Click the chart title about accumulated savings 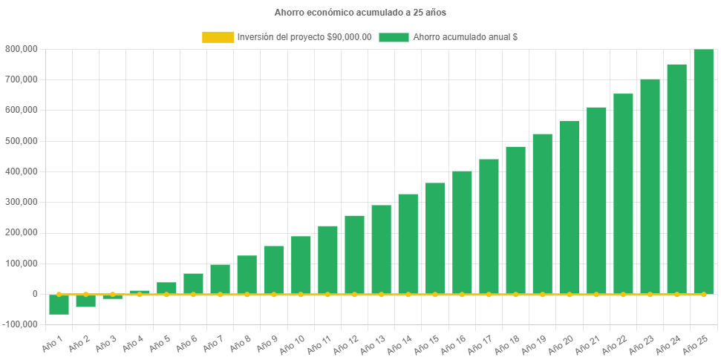coord(360,13)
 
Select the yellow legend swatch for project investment coord(217,37)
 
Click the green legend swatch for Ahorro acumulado coord(394,37)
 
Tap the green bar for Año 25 coord(703,171)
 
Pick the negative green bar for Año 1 coord(59,304)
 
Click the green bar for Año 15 coord(435,238)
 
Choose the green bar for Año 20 coord(570,208)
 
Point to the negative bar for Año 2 coord(85,301)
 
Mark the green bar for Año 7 coord(220,279)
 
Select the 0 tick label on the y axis coord(35,294)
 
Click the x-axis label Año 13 coord(370,342)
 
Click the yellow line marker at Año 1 coord(59,294)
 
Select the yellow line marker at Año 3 coord(113,294)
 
